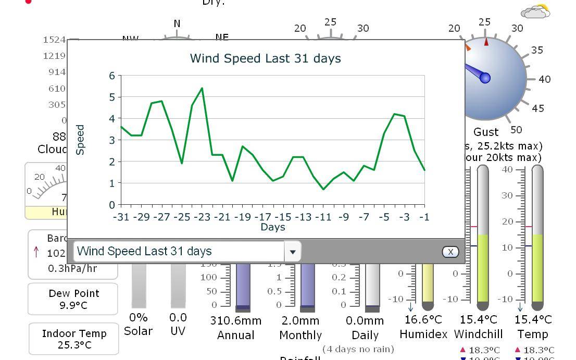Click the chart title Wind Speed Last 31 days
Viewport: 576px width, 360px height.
[265, 58]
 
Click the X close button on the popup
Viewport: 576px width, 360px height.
[450, 252]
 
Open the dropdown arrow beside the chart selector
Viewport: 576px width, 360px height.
[293, 252]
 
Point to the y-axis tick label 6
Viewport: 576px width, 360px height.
[111, 76]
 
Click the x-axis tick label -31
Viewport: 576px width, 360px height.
[121, 217]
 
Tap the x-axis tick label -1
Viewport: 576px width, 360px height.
[424, 217]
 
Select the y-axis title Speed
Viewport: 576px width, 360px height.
[80, 140]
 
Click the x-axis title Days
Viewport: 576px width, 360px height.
[273, 227]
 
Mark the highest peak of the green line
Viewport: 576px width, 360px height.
[202, 88]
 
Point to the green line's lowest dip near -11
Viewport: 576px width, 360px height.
[323, 189]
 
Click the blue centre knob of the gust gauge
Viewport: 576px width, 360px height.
[485, 78]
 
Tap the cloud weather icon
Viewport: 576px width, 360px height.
[535, 11]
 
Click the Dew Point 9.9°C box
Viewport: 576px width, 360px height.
[73, 299]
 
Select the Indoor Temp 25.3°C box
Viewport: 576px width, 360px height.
[74, 339]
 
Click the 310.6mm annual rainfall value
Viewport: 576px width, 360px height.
[236, 320]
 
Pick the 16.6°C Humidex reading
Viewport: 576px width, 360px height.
[423, 319]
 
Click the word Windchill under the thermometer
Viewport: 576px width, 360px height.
[479, 334]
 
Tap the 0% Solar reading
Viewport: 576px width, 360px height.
[138, 317]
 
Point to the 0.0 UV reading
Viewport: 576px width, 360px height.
[178, 317]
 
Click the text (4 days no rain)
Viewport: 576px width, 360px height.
[358, 349]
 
